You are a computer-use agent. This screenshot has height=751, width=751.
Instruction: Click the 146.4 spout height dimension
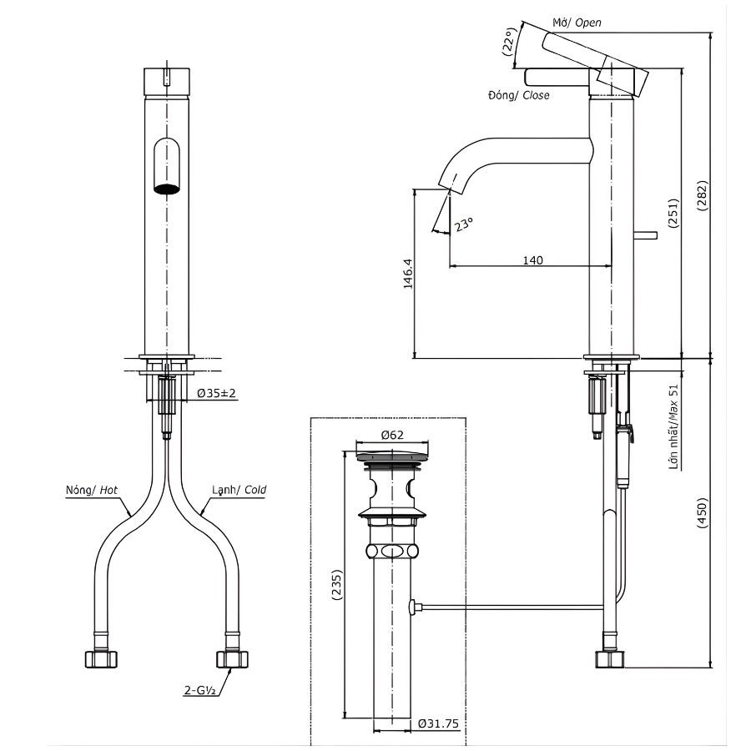[408, 273]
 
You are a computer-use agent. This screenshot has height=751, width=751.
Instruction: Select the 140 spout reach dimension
[532, 260]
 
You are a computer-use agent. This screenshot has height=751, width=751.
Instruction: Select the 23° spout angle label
[464, 224]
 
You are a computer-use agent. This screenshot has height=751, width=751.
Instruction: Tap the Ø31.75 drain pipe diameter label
[438, 723]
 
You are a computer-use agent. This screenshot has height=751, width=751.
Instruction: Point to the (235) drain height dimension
[335, 585]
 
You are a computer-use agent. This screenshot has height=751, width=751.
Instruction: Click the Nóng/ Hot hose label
[91, 491]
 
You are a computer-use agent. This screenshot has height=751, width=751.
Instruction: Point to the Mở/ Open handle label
[577, 23]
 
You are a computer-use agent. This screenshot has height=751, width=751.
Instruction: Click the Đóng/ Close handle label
[518, 95]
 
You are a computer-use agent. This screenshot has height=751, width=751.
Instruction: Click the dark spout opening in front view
[168, 188]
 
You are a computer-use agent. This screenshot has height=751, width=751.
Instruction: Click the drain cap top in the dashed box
[391, 456]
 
